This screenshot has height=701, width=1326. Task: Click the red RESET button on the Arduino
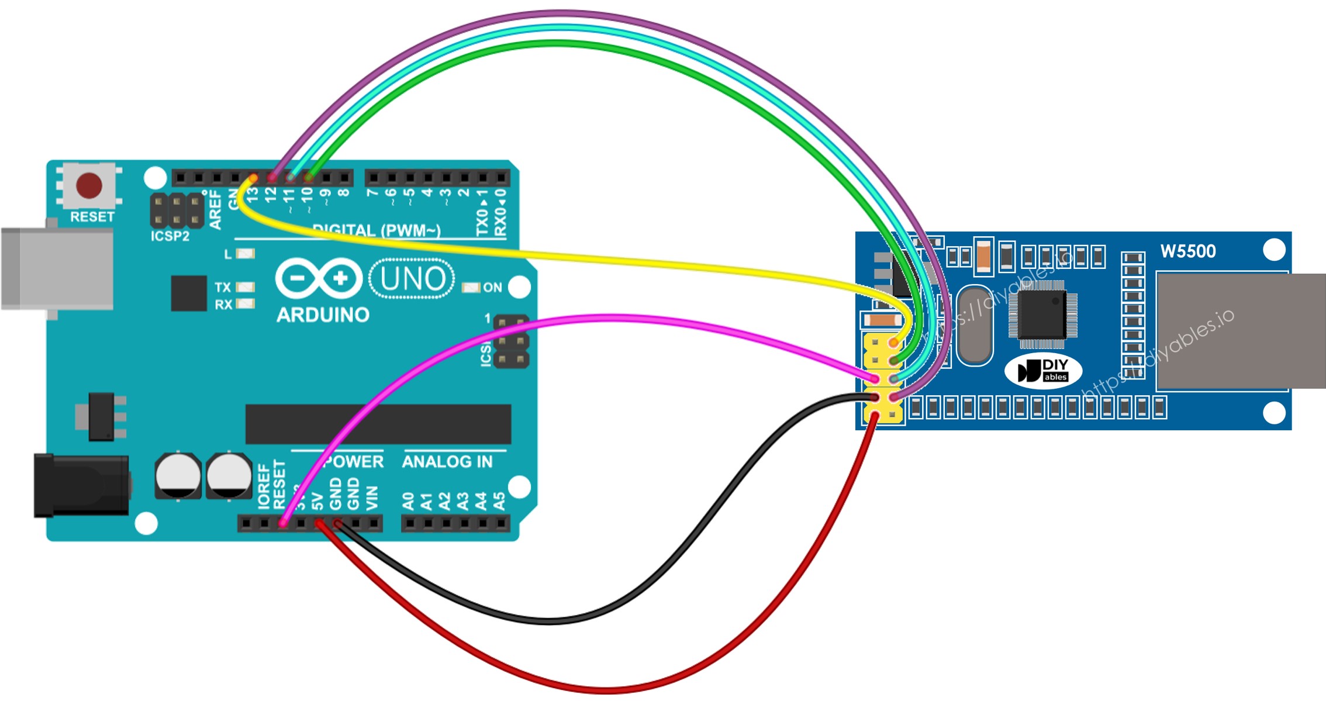point(89,185)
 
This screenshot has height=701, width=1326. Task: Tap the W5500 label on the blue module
point(1187,251)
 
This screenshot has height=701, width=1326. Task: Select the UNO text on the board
point(412,279)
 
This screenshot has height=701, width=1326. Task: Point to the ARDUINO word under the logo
point(323,315)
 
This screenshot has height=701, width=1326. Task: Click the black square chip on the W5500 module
point(1042,314)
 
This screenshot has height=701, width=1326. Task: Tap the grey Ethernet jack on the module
point(1234,331)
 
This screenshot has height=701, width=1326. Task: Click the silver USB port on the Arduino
point(57,269)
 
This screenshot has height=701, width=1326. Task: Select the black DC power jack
point(81,486)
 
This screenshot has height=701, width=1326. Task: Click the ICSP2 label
point(170,236)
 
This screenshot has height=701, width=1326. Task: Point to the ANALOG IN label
point(447,462)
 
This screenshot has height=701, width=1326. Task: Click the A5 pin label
point(499,501)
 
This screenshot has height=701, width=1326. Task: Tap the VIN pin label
point(372,499)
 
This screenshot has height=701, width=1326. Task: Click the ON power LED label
point(492,288)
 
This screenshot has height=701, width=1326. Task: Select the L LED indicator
point(245,254)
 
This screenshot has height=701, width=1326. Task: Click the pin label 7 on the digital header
point(372,192)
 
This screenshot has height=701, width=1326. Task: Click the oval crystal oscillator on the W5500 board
point(975,324)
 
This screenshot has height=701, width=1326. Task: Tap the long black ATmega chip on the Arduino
point(378,424)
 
